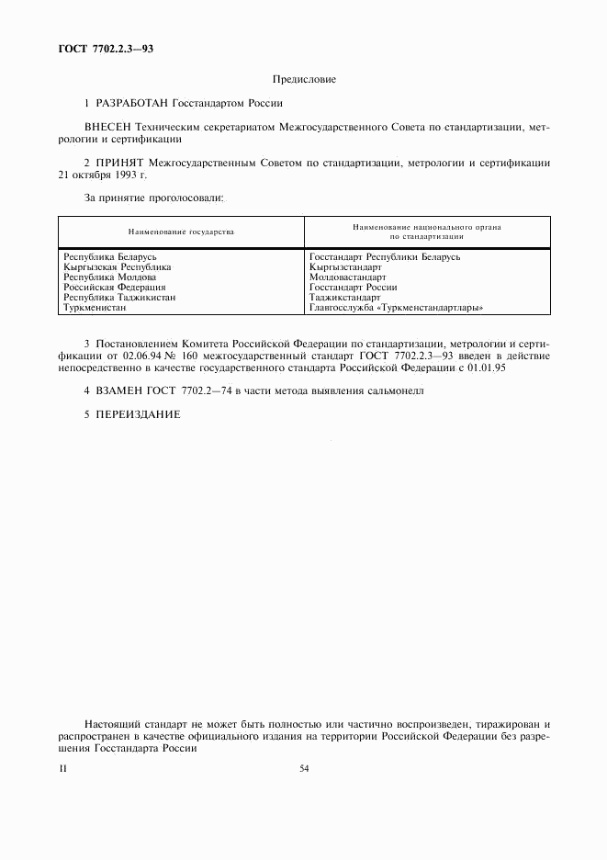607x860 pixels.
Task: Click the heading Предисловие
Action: point(304,80)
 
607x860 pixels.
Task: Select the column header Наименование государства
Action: point(181,232)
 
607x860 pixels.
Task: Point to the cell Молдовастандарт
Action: point(348,277)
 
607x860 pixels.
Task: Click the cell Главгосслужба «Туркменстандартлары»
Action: point(396,308)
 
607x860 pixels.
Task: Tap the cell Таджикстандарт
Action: point(345,298)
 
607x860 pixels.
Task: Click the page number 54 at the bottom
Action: point(304,769)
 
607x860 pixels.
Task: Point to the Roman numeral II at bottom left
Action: point(62,769)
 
